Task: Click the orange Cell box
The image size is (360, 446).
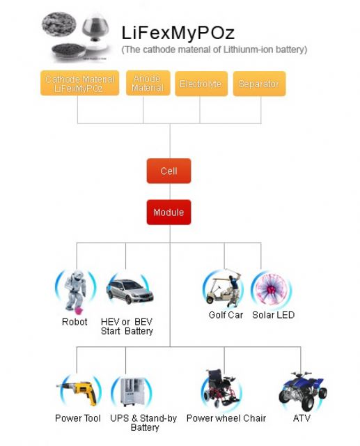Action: [169, 171]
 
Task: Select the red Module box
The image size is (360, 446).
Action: [169, 212]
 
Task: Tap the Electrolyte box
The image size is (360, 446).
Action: [201, 84]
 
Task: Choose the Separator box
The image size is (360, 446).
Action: [259, 84]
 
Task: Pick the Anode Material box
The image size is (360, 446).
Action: [148, 83]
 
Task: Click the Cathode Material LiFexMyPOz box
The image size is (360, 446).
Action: [79, 83]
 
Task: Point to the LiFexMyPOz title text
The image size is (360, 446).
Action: [178, 33]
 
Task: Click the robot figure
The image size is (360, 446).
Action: [75, 291]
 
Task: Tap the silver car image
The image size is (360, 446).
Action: [130, 291]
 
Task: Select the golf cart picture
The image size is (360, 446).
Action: [224, 289]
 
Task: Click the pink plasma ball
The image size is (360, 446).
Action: [270, 289]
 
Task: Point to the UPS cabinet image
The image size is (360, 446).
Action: [132, 392]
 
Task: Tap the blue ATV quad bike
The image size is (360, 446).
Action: [303, 391]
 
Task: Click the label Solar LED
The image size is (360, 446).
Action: [274, 315]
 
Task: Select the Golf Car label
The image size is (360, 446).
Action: [226, 315]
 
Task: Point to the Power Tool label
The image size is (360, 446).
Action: [78, 418]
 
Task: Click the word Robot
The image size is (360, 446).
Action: [75, 322]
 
